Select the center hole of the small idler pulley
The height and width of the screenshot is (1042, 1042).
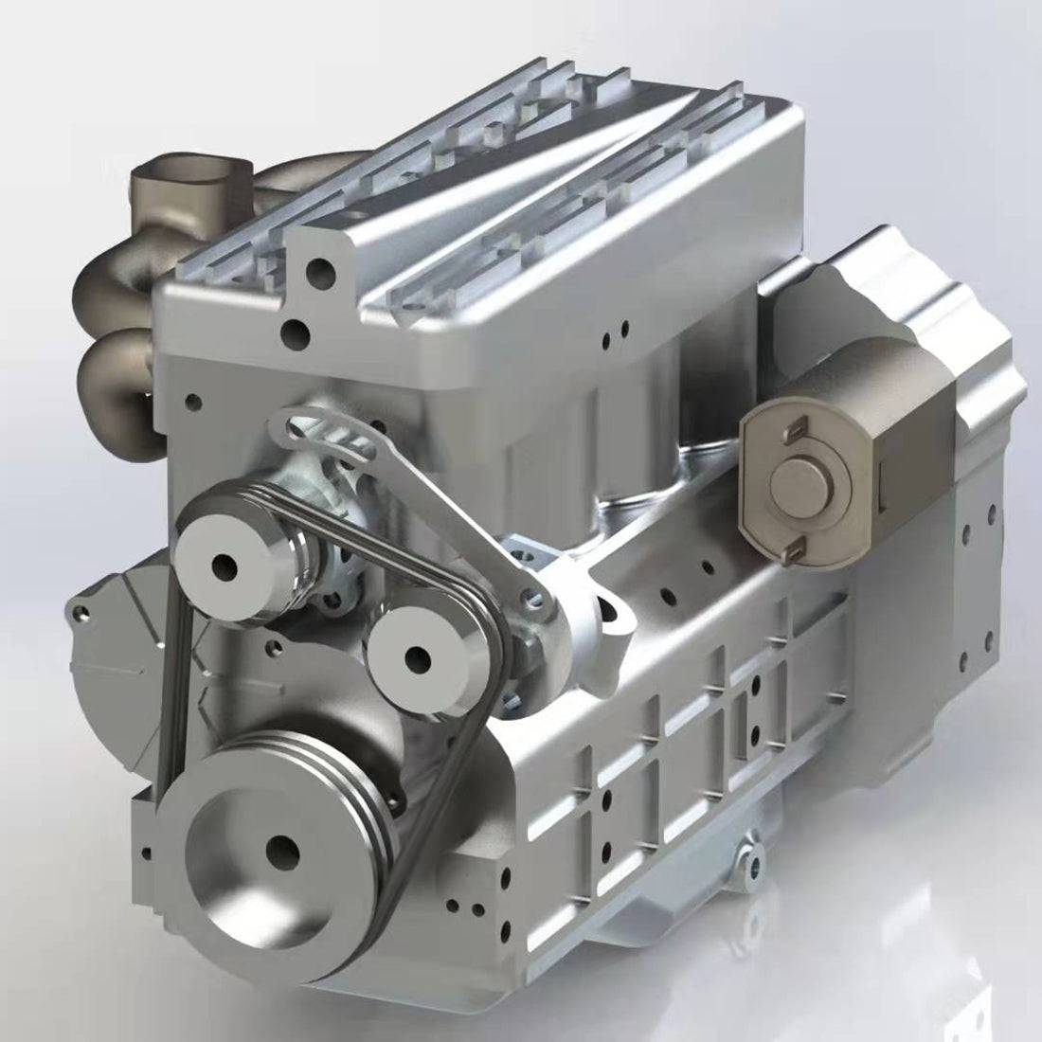coord(416,656)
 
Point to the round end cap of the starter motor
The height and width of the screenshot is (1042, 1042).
coord(799,482)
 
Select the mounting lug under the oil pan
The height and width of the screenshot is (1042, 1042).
coord(750,858)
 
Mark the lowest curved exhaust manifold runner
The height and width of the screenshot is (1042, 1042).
coord(118,379)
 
